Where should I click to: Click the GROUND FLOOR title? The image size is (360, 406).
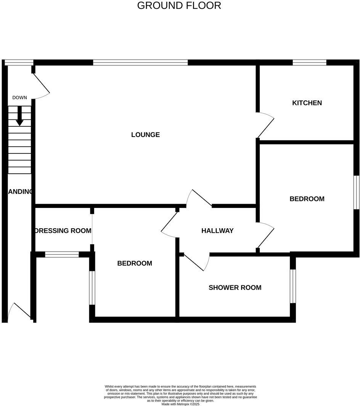click(179, 6)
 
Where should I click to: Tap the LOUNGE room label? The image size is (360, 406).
click(145, 135)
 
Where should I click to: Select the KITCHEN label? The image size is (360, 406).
click(307, 103)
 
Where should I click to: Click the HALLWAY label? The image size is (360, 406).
click(217, 230)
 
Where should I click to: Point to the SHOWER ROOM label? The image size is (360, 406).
click(235, 288)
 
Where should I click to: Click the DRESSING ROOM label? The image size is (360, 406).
click(63, 230)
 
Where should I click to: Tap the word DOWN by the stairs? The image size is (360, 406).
click(19, 98)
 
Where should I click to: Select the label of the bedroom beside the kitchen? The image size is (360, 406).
click(307, 199)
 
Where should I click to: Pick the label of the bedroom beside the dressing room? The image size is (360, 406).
click(135, 263)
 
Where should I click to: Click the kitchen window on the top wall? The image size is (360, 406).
click(309, 63)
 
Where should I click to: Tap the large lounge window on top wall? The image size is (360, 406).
click(140, 63)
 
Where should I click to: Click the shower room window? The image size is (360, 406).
click(292, 286)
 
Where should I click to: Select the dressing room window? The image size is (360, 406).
click(62, 254)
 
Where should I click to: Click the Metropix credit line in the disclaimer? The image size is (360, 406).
click(180, 404)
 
